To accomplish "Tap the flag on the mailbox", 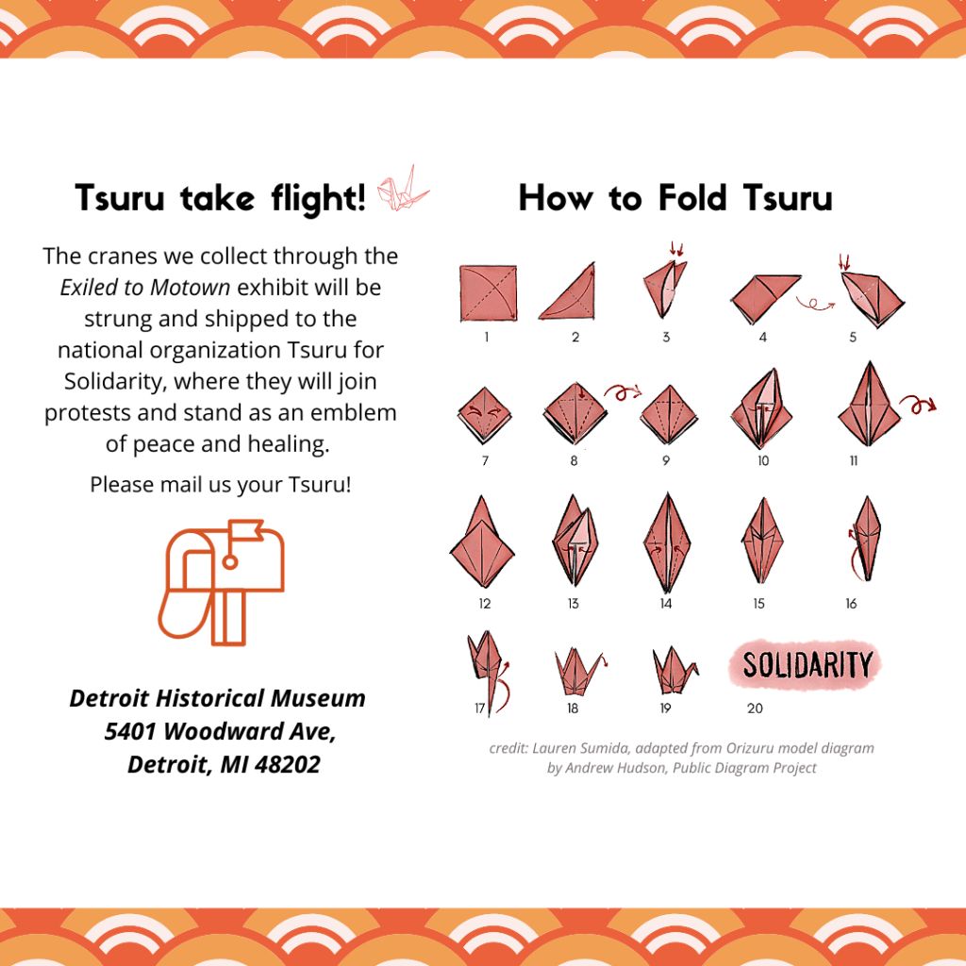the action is pos(246,530).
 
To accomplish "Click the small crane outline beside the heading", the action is pos(403,189).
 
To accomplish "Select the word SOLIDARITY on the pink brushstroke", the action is pos(808,665).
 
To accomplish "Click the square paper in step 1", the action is pos(488,293).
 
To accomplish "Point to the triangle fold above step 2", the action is pos(568,291).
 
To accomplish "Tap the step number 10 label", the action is pos(763,460).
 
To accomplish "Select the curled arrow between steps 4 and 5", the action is pos(814,304).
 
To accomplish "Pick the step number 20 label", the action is pos(755,708).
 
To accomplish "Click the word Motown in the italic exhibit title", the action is pos(191,287).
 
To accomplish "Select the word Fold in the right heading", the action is pos(692,198).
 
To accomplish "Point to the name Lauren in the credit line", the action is pos(554,748).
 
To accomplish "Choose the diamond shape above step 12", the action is pos(482,542).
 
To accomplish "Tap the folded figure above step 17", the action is pos(488,672).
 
